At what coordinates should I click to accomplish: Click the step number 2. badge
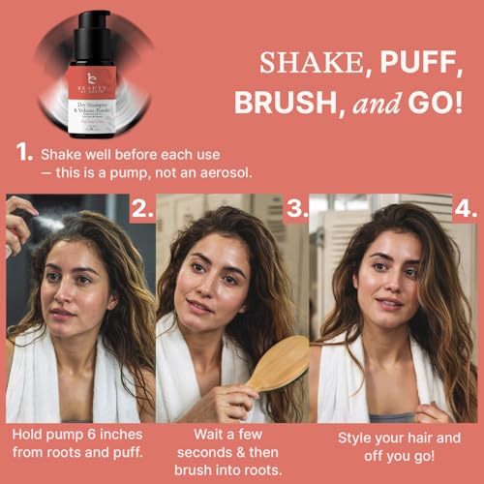140,209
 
